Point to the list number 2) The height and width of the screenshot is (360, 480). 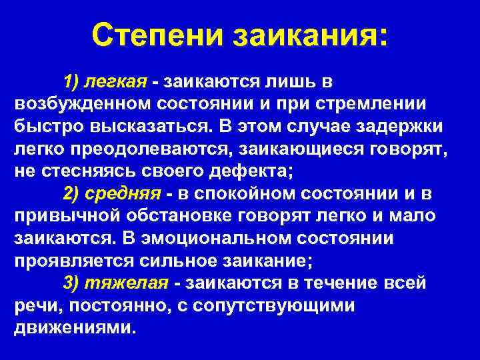coord(73,194)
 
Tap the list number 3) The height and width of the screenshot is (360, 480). coord(73,283)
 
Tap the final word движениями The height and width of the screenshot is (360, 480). coord(74,327)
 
